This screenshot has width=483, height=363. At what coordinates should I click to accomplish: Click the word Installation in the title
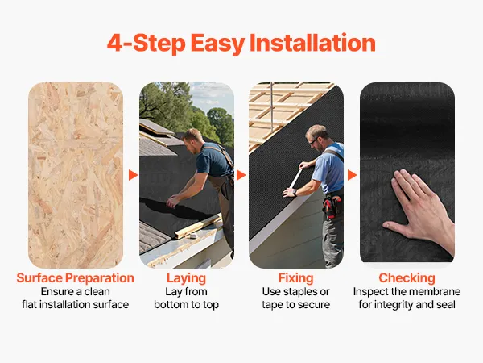click(312, 43)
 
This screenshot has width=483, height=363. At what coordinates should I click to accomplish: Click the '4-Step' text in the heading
click(146, 43)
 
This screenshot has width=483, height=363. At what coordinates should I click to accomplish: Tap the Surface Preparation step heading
click(75, 278)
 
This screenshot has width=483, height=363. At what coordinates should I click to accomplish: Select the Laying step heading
click(187, 278)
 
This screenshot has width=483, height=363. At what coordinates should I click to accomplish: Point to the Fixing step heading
click(295, 278)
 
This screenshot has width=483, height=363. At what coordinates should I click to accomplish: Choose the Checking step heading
click(407, 278)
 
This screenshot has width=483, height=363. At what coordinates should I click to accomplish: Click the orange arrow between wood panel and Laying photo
click(133, 175)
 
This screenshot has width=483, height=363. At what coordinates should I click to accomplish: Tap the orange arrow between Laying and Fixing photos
click(242, 175)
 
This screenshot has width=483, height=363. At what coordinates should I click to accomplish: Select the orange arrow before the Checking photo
click(352, 175)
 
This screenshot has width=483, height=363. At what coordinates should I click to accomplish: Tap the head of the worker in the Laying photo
click(192, 140)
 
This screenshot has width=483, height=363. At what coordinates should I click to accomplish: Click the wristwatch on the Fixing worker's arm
click(295, 193)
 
